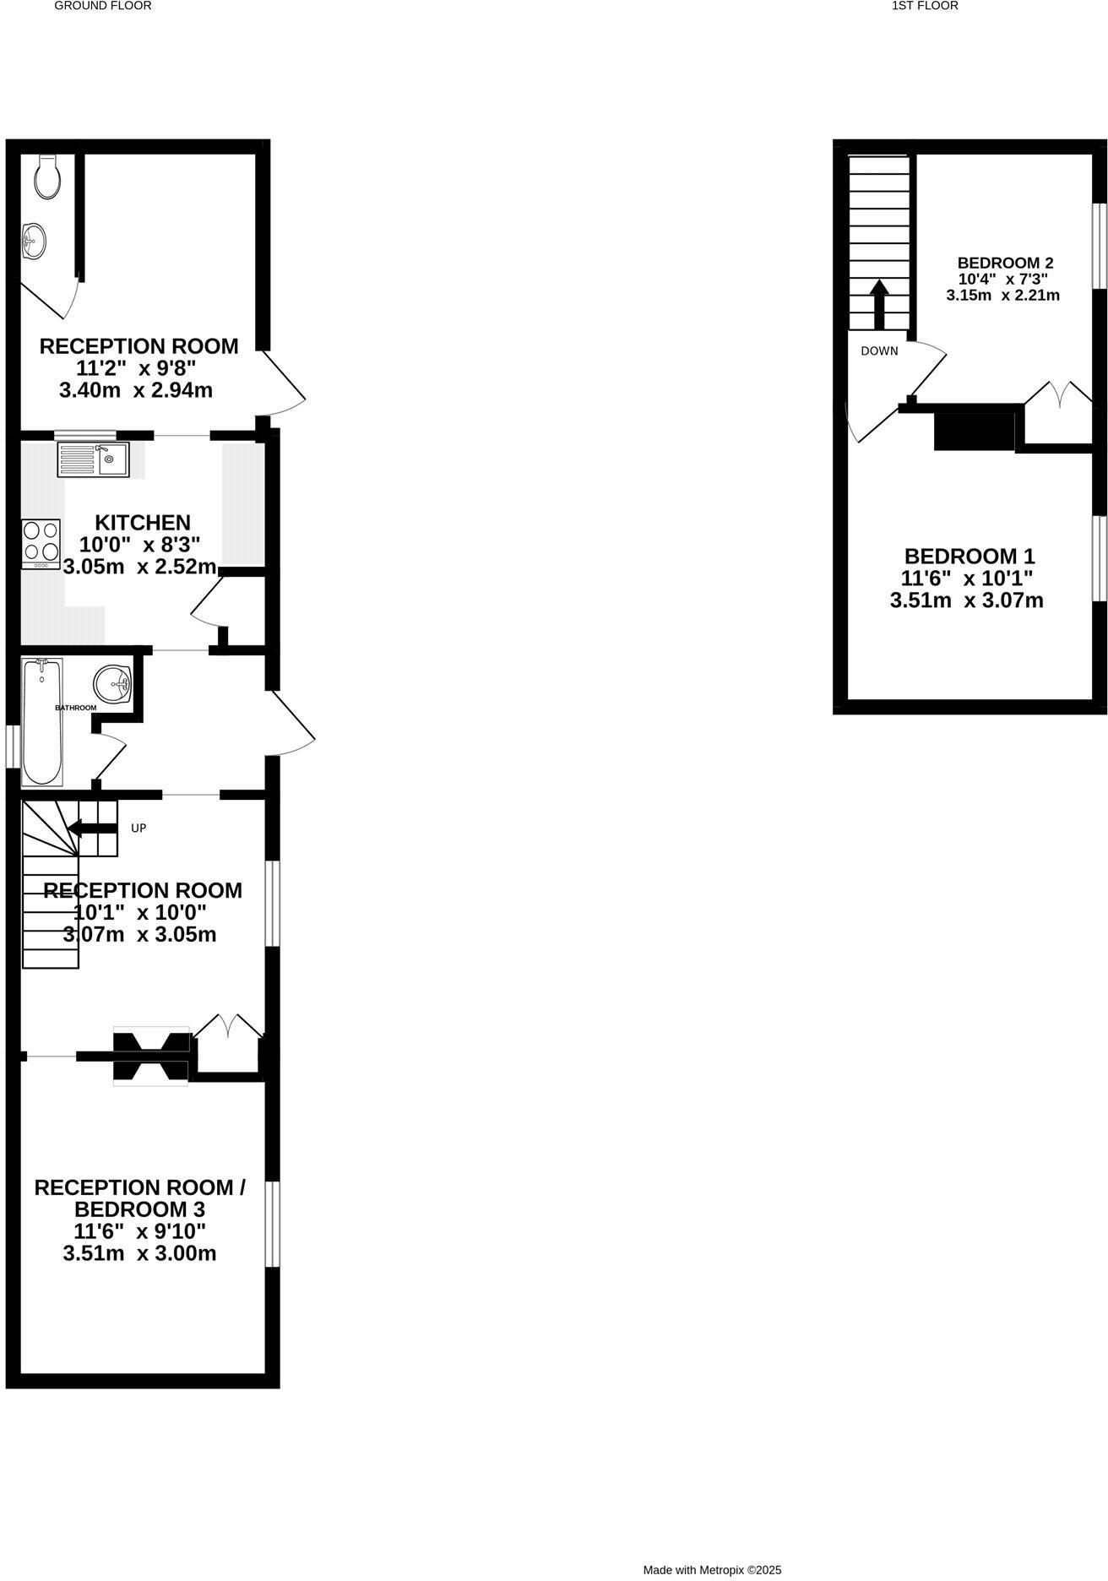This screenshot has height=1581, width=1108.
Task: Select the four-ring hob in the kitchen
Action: click(41, 542)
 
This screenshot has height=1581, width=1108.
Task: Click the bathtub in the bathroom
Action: click(41, 722)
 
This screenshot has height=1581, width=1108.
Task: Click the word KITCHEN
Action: click(142, 522)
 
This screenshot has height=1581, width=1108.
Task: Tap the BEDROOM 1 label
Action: click(969, 556)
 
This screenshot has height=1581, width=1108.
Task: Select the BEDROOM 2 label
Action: click(1004, 263)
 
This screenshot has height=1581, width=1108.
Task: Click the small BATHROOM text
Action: click(76, 708)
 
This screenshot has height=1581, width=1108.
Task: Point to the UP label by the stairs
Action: click(138, 829)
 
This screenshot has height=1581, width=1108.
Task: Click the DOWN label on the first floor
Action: click(879, 350)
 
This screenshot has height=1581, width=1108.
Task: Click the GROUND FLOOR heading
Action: click(103, 6)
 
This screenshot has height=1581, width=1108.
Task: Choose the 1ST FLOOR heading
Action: click(925, 6)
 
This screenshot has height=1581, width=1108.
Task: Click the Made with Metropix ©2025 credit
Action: click(712, 1570)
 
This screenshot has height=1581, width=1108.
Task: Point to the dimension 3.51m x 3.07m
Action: click(966, 600)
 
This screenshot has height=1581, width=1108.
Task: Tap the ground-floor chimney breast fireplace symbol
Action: click(151, 1057)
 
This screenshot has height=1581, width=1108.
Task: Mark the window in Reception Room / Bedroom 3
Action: click(272, 1224)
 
